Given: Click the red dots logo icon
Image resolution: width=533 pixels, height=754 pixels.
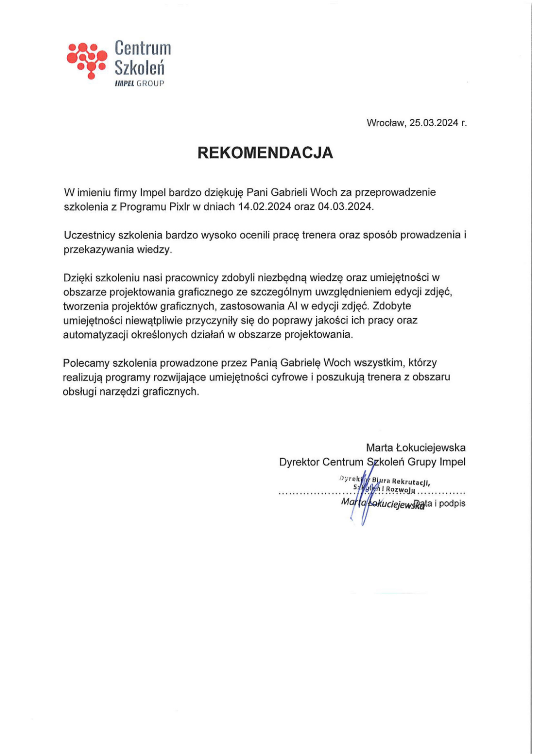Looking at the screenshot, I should click(86, 60).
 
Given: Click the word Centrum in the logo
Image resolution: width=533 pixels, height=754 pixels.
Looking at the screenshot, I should click(142, 48).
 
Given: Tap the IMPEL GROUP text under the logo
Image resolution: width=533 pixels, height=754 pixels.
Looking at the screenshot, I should click(139, 83).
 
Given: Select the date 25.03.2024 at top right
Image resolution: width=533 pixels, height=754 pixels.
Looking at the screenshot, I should click(433, 123).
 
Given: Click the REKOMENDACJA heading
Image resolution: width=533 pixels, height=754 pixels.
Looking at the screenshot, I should click(265, 153).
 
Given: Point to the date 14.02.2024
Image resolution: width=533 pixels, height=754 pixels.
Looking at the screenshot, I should click(265, 207).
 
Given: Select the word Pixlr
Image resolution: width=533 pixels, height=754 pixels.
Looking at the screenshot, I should click(179, 207).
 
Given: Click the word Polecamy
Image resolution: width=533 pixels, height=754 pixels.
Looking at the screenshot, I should click(86, 363).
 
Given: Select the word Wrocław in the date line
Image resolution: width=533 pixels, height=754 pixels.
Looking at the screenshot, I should click(386, 123).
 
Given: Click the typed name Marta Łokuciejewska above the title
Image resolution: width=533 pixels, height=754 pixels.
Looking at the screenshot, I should click(416, 448).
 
